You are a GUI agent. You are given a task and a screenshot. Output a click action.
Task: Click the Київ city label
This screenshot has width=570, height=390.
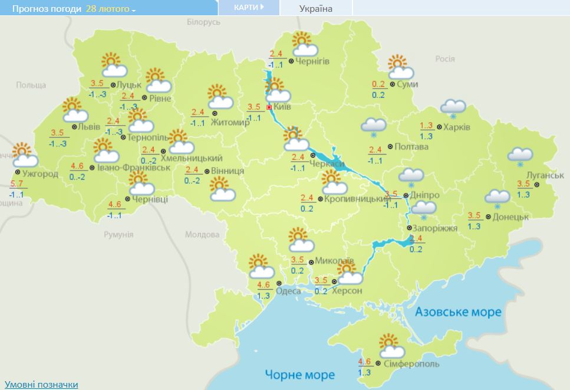tap(282, 107)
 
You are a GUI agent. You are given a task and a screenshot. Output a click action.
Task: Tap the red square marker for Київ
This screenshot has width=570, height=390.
tap(269, 107)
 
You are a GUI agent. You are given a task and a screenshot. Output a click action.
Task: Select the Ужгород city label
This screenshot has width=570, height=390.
tap(40, 174)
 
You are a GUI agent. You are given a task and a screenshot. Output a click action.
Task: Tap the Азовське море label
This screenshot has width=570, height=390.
tap(458, 312)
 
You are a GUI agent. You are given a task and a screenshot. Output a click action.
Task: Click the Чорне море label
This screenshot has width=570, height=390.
tap(299, 374)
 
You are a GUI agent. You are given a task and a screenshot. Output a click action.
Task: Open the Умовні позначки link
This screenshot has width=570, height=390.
tap(41, 384)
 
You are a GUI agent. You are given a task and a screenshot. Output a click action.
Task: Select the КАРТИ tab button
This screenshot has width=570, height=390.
tap(248, 8)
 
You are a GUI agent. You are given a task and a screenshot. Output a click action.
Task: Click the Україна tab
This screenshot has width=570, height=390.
tap(316, 8)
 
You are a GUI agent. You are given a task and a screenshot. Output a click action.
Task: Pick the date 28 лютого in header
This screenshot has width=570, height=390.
tap(110, 9)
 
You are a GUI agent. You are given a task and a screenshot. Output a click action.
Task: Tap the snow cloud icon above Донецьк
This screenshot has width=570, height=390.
tap(497, 198)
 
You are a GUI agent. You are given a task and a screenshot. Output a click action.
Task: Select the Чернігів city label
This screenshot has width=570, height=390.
tap(312, 61)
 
